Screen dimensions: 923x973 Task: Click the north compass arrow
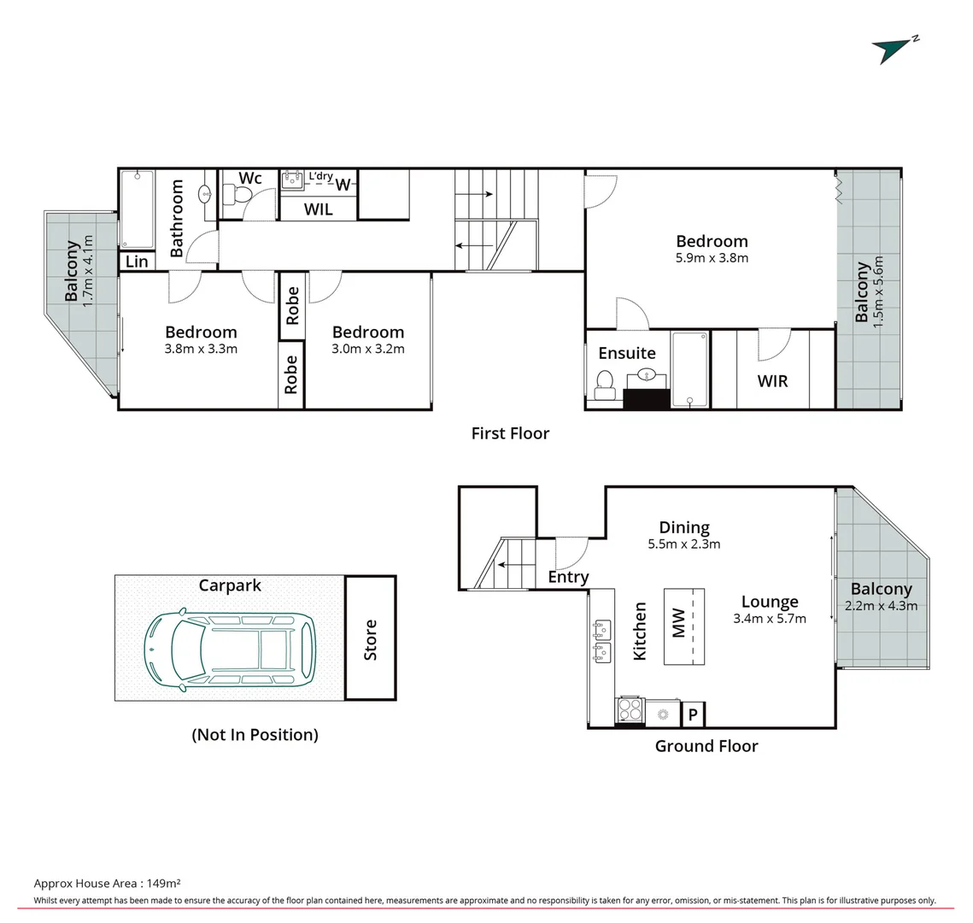pos(891,50)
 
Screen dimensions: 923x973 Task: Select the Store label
pos(370,639)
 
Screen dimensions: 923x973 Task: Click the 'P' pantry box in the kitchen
pos(693,714)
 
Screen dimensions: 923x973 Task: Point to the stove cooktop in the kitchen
pos(630,712)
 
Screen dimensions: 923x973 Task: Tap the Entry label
pos(568,577)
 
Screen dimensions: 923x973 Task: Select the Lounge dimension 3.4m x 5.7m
pos(770,618)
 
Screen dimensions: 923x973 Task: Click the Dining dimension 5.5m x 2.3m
pos(684,544)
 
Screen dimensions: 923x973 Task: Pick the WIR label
pos(772,380)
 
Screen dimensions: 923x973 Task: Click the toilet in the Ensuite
pos(605,383)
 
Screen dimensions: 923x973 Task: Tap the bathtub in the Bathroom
pos(137,209)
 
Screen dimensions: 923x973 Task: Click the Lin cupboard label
pos(137,262)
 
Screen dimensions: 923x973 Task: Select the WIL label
pos(319,209)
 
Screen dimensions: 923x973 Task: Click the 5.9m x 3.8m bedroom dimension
pos(712,257)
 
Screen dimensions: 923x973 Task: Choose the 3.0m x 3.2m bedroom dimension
pos(368,349)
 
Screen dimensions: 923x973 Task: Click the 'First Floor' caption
pos(510,433)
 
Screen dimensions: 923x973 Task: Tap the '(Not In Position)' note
pos(255,734)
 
